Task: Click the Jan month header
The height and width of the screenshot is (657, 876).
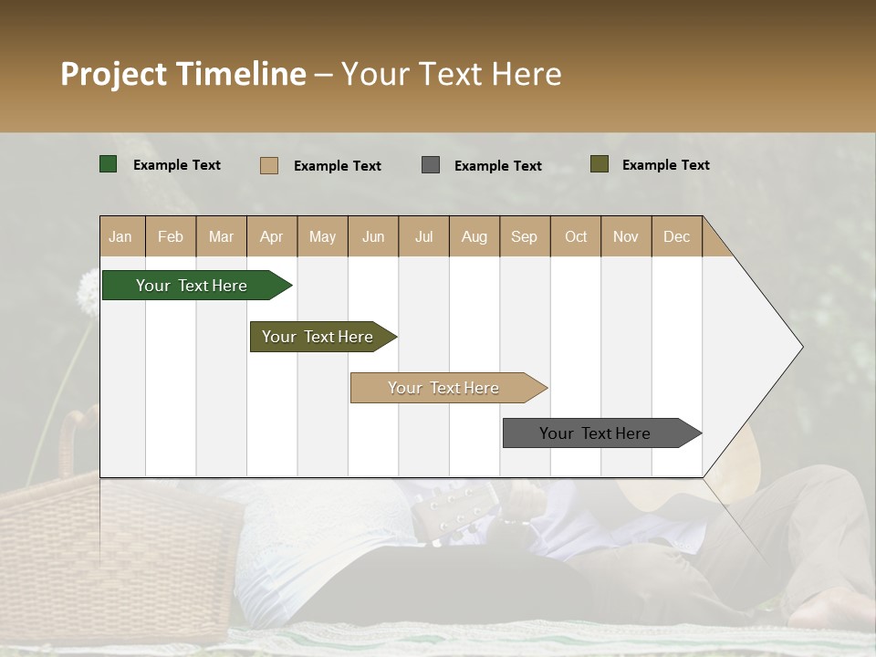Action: point(120,236)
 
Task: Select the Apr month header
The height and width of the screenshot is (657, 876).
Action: point(271,236)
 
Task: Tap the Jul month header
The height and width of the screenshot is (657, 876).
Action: point(423,236)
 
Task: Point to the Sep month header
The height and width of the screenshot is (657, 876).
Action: point(524,236)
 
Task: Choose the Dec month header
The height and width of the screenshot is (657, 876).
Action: point(676,236)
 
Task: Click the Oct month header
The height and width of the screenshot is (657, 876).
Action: point(575,236)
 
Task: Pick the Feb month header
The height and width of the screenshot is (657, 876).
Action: point(171,236)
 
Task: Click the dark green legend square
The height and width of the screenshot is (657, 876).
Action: point(109,164)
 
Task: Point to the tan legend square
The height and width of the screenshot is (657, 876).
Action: point(268,165)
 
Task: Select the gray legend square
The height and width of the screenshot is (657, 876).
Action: point(431,165)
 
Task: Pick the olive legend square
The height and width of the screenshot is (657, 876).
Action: point(600,164)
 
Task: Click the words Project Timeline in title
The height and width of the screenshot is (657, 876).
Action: point(182,74)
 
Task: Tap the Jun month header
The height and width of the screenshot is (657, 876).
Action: point(373,236)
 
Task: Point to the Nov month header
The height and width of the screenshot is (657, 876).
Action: point(625,236)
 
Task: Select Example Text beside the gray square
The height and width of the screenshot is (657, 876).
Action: point(497,166)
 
